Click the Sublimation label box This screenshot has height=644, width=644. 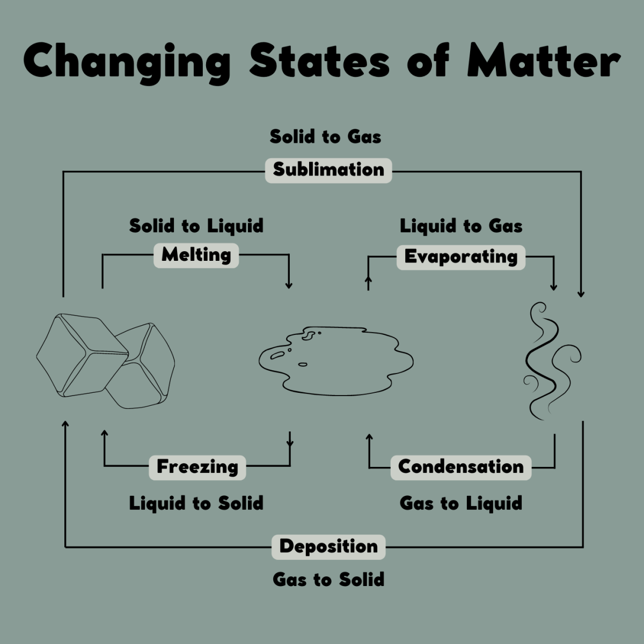point(328,171)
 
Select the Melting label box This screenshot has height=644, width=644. point(196,255)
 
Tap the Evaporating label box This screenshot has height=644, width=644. point(461,258)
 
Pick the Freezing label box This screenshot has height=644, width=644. point(197,467)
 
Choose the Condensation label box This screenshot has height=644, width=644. point(461,467)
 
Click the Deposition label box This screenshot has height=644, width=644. point(328,547)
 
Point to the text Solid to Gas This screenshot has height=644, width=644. point(326,137)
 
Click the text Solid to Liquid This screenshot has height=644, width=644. point(196,226)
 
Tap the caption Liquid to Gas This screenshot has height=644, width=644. point(461,226)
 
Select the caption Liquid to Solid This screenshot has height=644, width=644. point(196,503)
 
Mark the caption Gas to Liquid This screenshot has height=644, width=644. point(461,503)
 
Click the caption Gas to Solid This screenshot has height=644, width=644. point(328,580)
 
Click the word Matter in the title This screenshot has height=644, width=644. point(544,61)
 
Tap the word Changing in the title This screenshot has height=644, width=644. point(127,63)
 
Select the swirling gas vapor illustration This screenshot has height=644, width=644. point(552,361)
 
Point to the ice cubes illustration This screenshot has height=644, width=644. point(105,361)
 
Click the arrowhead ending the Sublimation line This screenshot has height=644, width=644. point(581,294)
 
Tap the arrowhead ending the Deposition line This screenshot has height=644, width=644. point(65,424)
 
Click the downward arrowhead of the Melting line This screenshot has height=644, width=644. point(289,286)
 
